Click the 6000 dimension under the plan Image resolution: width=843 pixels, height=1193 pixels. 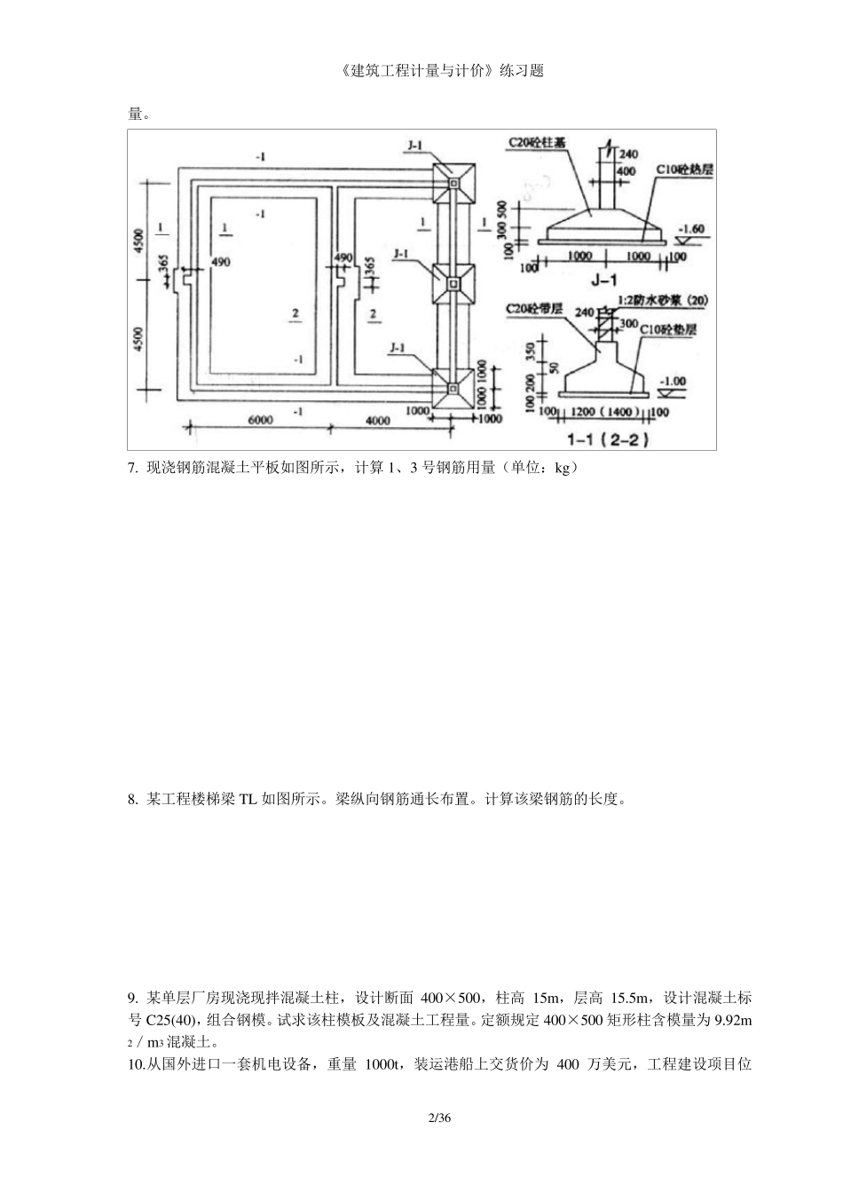click(259, 421)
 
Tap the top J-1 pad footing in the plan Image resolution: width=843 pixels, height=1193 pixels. click(453, 183)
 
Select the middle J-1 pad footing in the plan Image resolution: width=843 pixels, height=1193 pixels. click(453, 285)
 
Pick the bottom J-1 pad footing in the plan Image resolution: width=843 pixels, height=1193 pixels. click(453, 388)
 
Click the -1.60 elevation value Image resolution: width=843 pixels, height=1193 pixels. click(690, 228)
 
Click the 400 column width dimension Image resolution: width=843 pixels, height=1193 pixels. click(626, 170)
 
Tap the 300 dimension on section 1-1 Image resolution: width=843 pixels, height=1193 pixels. click(628, 325)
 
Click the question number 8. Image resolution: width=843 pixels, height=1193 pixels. click(132, 799)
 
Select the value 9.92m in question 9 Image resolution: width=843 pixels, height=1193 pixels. click(732, 1020)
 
